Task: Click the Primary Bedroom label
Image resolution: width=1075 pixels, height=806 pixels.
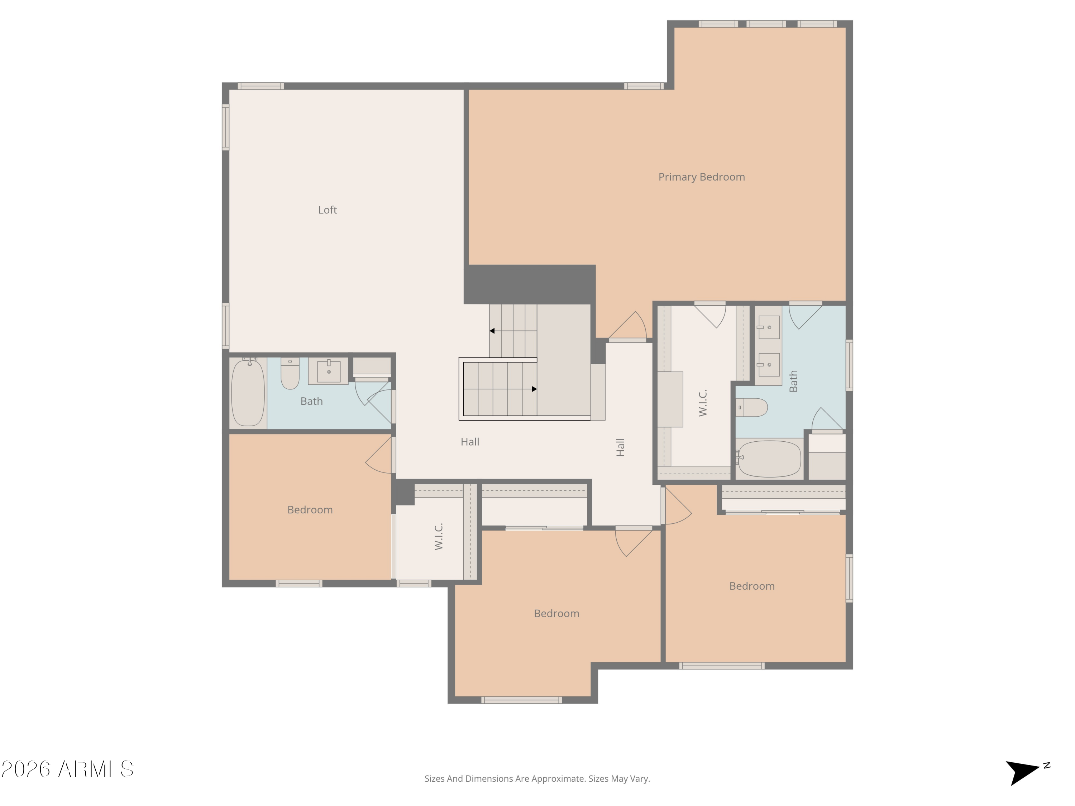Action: pyautogui.click(x=701, y=177)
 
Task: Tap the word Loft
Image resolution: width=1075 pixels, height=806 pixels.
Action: pyautogui.click(x=327, y=210)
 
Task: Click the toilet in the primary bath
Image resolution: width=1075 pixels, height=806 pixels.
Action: pyautogui.click(x=751, y=407)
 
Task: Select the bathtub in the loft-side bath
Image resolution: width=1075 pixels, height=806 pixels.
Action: pyautogui.click(x=248, y=393)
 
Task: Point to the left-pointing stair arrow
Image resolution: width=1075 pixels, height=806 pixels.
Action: pyautogui.click(x=492, y=331)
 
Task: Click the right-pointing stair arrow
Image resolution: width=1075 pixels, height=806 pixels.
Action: pyautogui.click(x=534, y=389)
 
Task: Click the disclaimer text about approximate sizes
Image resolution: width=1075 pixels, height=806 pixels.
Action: pyautogui.click(x=537, y=779)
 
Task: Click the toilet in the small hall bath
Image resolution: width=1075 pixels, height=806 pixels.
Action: pyautogui.click(x=290, y=374)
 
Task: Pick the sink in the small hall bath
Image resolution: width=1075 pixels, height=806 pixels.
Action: pyautogui.click(x=329, y=371)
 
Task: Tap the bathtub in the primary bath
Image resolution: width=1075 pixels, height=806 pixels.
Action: pyautogui.click(x=769, y=459)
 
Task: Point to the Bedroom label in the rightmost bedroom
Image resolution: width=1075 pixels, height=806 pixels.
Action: pyautogui.click(x=751, y=586)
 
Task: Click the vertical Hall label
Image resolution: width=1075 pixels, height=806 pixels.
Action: pyautogui.click(x=620, y=447)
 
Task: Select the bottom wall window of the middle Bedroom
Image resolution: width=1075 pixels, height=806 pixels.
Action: pyautogui.click(x=521, y=700)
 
